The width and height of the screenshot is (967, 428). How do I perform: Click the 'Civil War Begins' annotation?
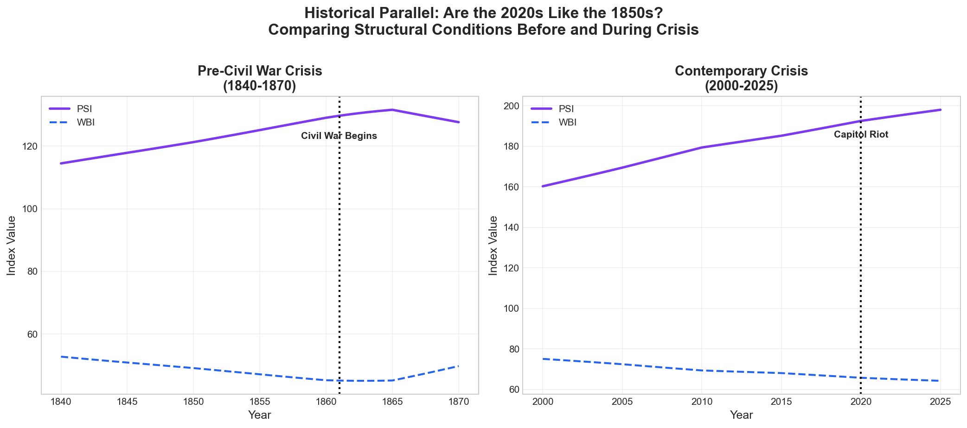339,136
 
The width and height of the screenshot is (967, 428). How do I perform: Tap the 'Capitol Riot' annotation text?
861,135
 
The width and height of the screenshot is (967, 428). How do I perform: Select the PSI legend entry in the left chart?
84,109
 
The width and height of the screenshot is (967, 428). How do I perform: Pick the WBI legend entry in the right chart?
567,123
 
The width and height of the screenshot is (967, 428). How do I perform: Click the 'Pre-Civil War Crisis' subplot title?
260,71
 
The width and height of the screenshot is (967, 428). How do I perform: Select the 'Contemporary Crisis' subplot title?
741,71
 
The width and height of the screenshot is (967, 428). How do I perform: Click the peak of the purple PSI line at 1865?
392,110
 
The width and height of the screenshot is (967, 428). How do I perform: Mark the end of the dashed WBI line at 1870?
459,366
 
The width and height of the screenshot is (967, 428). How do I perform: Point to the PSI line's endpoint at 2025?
940,110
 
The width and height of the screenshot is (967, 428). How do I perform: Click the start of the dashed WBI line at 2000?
543,359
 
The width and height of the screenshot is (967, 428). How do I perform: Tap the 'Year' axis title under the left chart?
259,415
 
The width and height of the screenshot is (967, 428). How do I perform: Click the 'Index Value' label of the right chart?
493,245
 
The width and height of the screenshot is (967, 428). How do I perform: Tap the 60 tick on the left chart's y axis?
32,334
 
